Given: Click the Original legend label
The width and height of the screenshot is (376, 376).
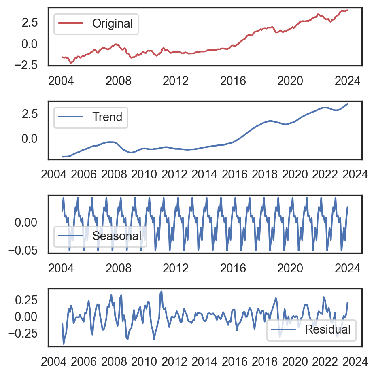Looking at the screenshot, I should coord(112,23).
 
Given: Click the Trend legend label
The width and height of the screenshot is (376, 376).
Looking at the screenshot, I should coord(107,117).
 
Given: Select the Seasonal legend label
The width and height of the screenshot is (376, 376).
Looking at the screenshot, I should coord(117,236).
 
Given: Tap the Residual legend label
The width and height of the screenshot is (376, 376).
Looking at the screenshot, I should coord(327,329).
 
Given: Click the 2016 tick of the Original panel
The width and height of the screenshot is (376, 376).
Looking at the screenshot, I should coord(233,81).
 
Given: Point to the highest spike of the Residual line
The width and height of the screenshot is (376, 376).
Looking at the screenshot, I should coord(161,291).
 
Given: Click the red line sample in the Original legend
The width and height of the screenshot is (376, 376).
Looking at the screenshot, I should coord(71,23).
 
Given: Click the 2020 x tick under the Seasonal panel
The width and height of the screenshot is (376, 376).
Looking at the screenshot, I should coord(290,268).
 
